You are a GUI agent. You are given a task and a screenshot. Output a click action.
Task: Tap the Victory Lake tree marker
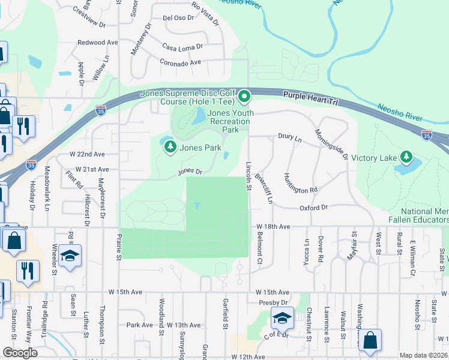406,157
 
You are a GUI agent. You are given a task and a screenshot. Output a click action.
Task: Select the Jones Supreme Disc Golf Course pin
244,96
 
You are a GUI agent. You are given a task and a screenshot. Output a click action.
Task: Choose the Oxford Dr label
314,208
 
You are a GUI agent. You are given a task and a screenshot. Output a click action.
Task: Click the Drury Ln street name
290,137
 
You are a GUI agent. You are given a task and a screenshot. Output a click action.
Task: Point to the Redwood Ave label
98,43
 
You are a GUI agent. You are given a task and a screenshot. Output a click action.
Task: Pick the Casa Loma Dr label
182,47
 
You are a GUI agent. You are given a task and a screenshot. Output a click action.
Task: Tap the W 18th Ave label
273,227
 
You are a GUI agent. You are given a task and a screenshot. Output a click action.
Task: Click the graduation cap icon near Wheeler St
70,256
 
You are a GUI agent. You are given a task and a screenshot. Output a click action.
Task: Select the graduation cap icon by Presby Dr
281,318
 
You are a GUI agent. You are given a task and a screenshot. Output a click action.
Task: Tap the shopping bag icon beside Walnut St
370,341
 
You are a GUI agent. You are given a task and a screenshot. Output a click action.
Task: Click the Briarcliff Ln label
264,188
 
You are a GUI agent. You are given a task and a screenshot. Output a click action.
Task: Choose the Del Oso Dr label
178,18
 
